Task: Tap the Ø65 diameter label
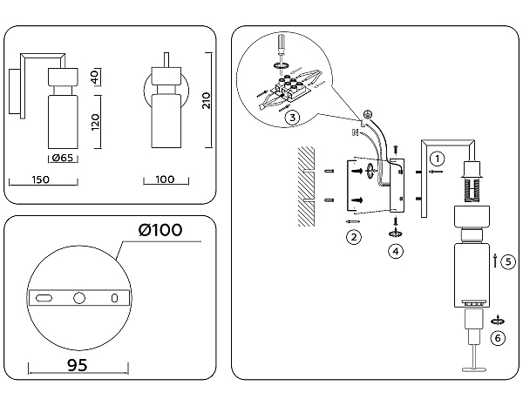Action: click(61, 158)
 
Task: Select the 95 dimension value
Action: click(78, 365)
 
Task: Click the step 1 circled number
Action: click(438, 159)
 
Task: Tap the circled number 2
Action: click(353, 236)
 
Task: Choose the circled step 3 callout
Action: click(293, 117)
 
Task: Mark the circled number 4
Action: click(396, 251)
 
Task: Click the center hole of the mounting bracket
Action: click(79, 298)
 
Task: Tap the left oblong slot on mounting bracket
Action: click(43, 298)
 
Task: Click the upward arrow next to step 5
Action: click(496, 260)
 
